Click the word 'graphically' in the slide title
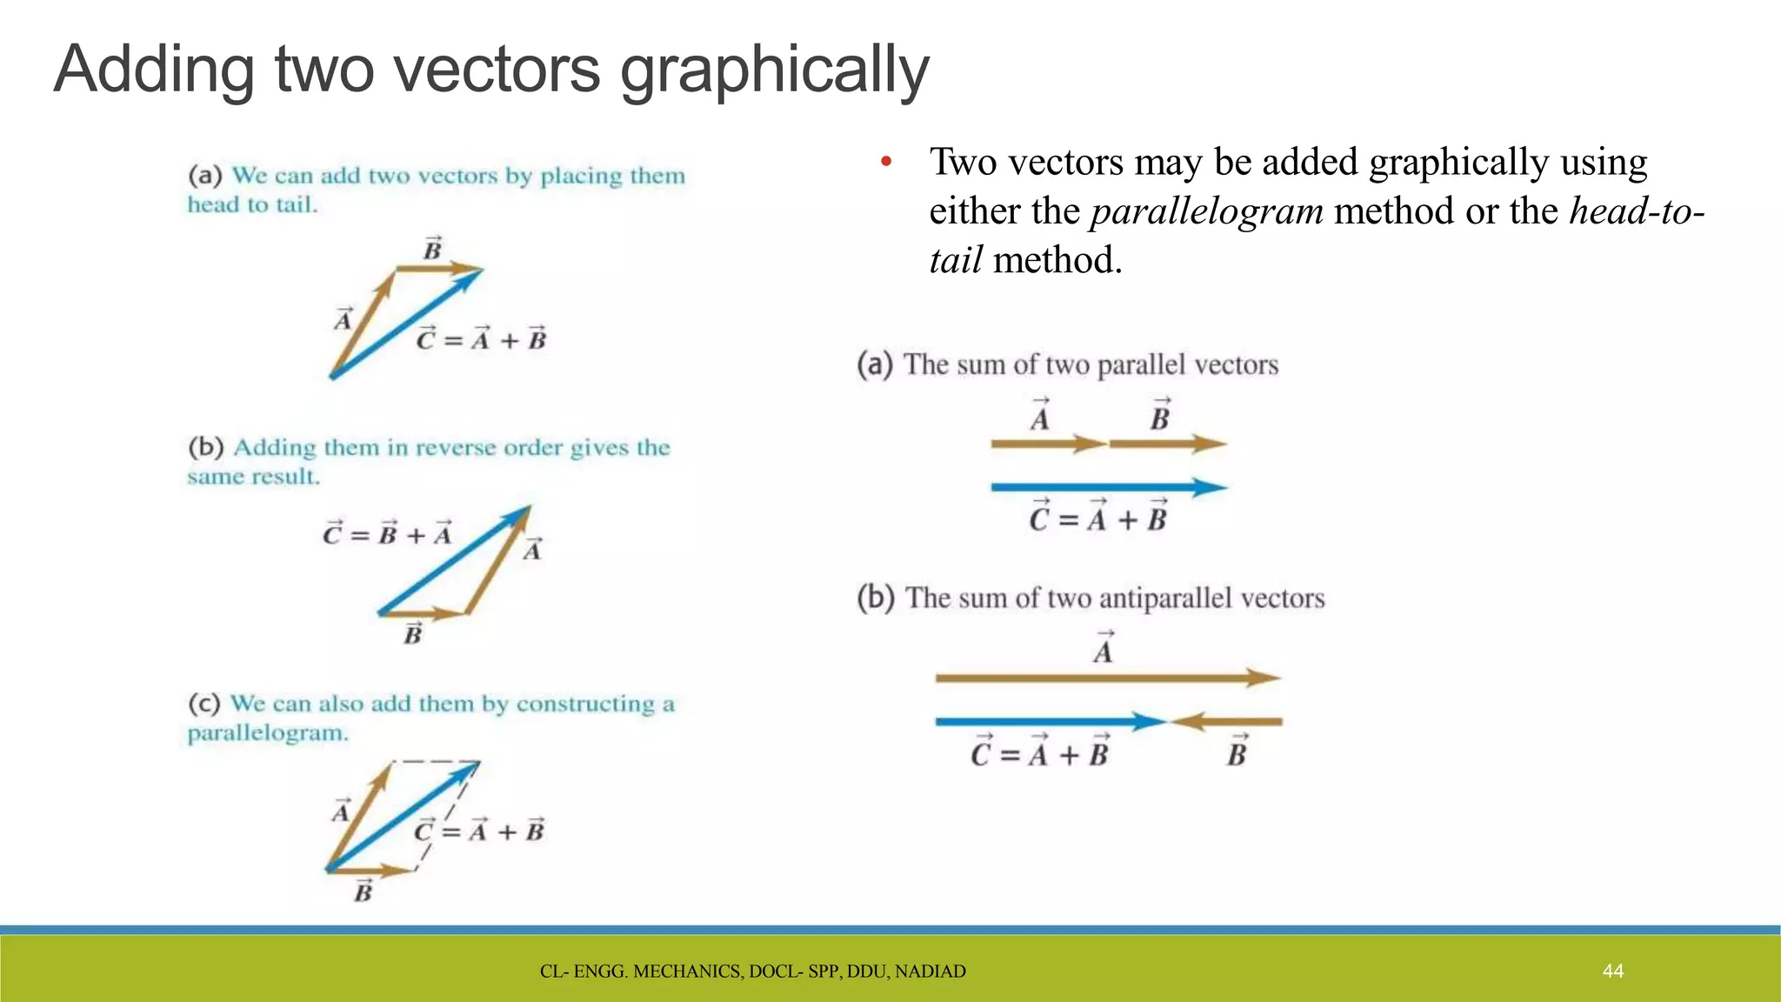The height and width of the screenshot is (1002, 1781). (x=774, y=71)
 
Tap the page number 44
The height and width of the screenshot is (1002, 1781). (x=1612, y=971)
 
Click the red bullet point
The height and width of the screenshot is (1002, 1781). (x=886, y=162)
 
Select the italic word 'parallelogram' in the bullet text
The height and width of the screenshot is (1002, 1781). (x=1206, y=211)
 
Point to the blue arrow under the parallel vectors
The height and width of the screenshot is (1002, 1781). (x=1104, y=487)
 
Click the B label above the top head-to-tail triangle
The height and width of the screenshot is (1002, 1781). (x=432, y=250)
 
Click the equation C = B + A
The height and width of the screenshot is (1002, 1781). (x=388, y=534)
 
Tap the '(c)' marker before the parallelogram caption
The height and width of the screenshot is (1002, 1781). (x=204, y=703)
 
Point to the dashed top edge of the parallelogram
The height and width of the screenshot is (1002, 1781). (x=435, y=762)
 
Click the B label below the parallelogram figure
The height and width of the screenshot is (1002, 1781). (x=364, y=892)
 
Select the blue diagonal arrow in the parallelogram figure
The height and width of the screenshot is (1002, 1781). (x=400, y=818)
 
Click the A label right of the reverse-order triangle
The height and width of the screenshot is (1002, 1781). (x=533, y=550)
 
